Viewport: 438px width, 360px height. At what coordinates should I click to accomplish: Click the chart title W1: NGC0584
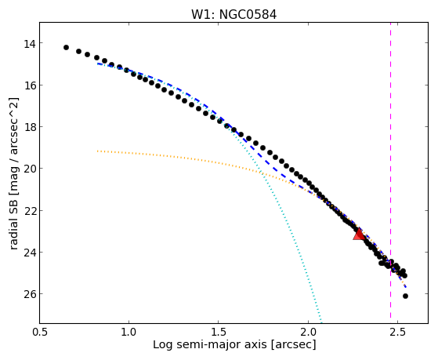click(x=233, y=14)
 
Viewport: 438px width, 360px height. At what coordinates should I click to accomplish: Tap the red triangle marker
click(x=359, y=235)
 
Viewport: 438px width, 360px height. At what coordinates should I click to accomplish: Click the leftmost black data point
click(x=66, y=47)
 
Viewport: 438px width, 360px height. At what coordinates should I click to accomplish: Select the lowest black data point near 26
click(x=405, y=296)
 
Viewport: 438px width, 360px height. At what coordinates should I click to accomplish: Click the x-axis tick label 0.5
click(x=40, y=333)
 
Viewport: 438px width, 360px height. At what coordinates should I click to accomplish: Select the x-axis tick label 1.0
click(x=129, y=333)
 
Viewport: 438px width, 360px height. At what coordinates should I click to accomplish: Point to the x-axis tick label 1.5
click(x=219, y=333)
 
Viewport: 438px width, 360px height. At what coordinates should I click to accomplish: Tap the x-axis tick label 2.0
click(x=308, y=333)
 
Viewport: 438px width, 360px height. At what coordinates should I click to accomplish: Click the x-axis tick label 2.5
click(x=397, y=333)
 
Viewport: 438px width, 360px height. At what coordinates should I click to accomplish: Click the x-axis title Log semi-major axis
click(x=210, y=345)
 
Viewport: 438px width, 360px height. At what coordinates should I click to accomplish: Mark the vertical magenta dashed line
click(x=390, y=173)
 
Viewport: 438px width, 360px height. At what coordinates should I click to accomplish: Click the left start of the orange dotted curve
click(x=97, y=151)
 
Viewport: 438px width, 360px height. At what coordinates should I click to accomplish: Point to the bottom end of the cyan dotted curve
click(x=322, y=322)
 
